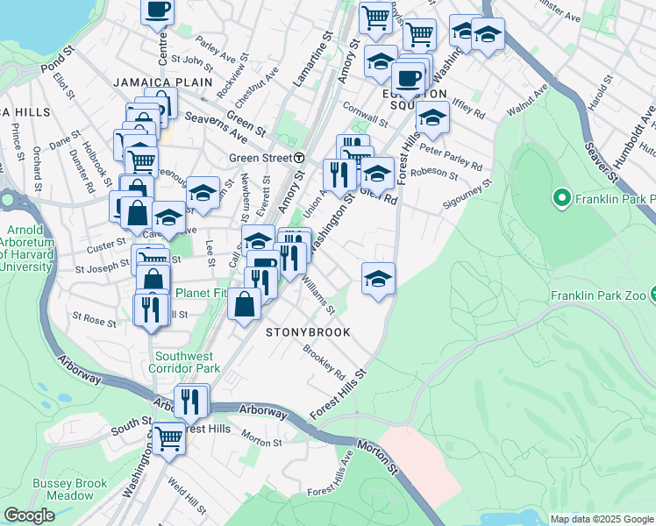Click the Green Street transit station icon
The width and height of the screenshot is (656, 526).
(x=299, y=158)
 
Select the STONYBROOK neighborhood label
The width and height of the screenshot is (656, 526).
(x=308, y=333)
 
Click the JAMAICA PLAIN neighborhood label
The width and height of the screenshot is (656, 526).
(x=163, y=82)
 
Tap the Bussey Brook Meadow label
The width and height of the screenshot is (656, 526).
(x=69, y=489)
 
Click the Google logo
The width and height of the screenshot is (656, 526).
(x=29, y=515)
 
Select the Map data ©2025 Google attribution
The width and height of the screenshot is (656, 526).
(x=601, y=519)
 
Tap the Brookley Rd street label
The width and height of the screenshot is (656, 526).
(x=324, y=361)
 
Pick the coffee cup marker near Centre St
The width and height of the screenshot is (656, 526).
(x=158, y=11)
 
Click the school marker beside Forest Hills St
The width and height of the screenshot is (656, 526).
(x=378, y=279)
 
